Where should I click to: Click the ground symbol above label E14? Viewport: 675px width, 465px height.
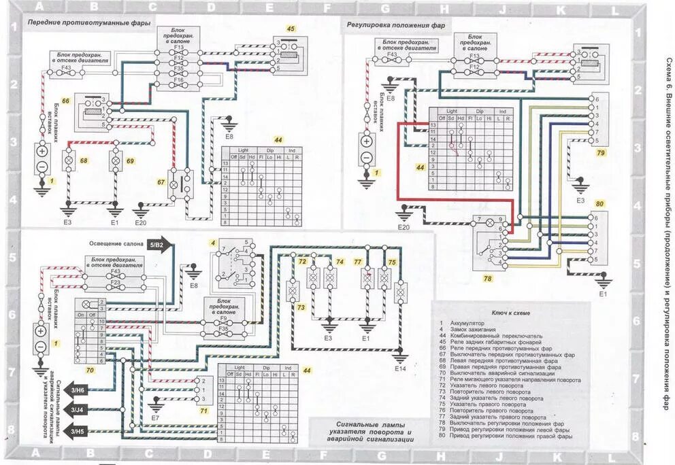[400, 356]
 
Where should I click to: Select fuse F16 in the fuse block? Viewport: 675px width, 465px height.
[178, 81]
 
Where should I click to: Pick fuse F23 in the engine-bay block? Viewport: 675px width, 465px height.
[116, 281]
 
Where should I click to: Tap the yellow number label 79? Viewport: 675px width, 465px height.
[601, 153]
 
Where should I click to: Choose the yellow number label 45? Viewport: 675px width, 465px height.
[291, 29]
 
